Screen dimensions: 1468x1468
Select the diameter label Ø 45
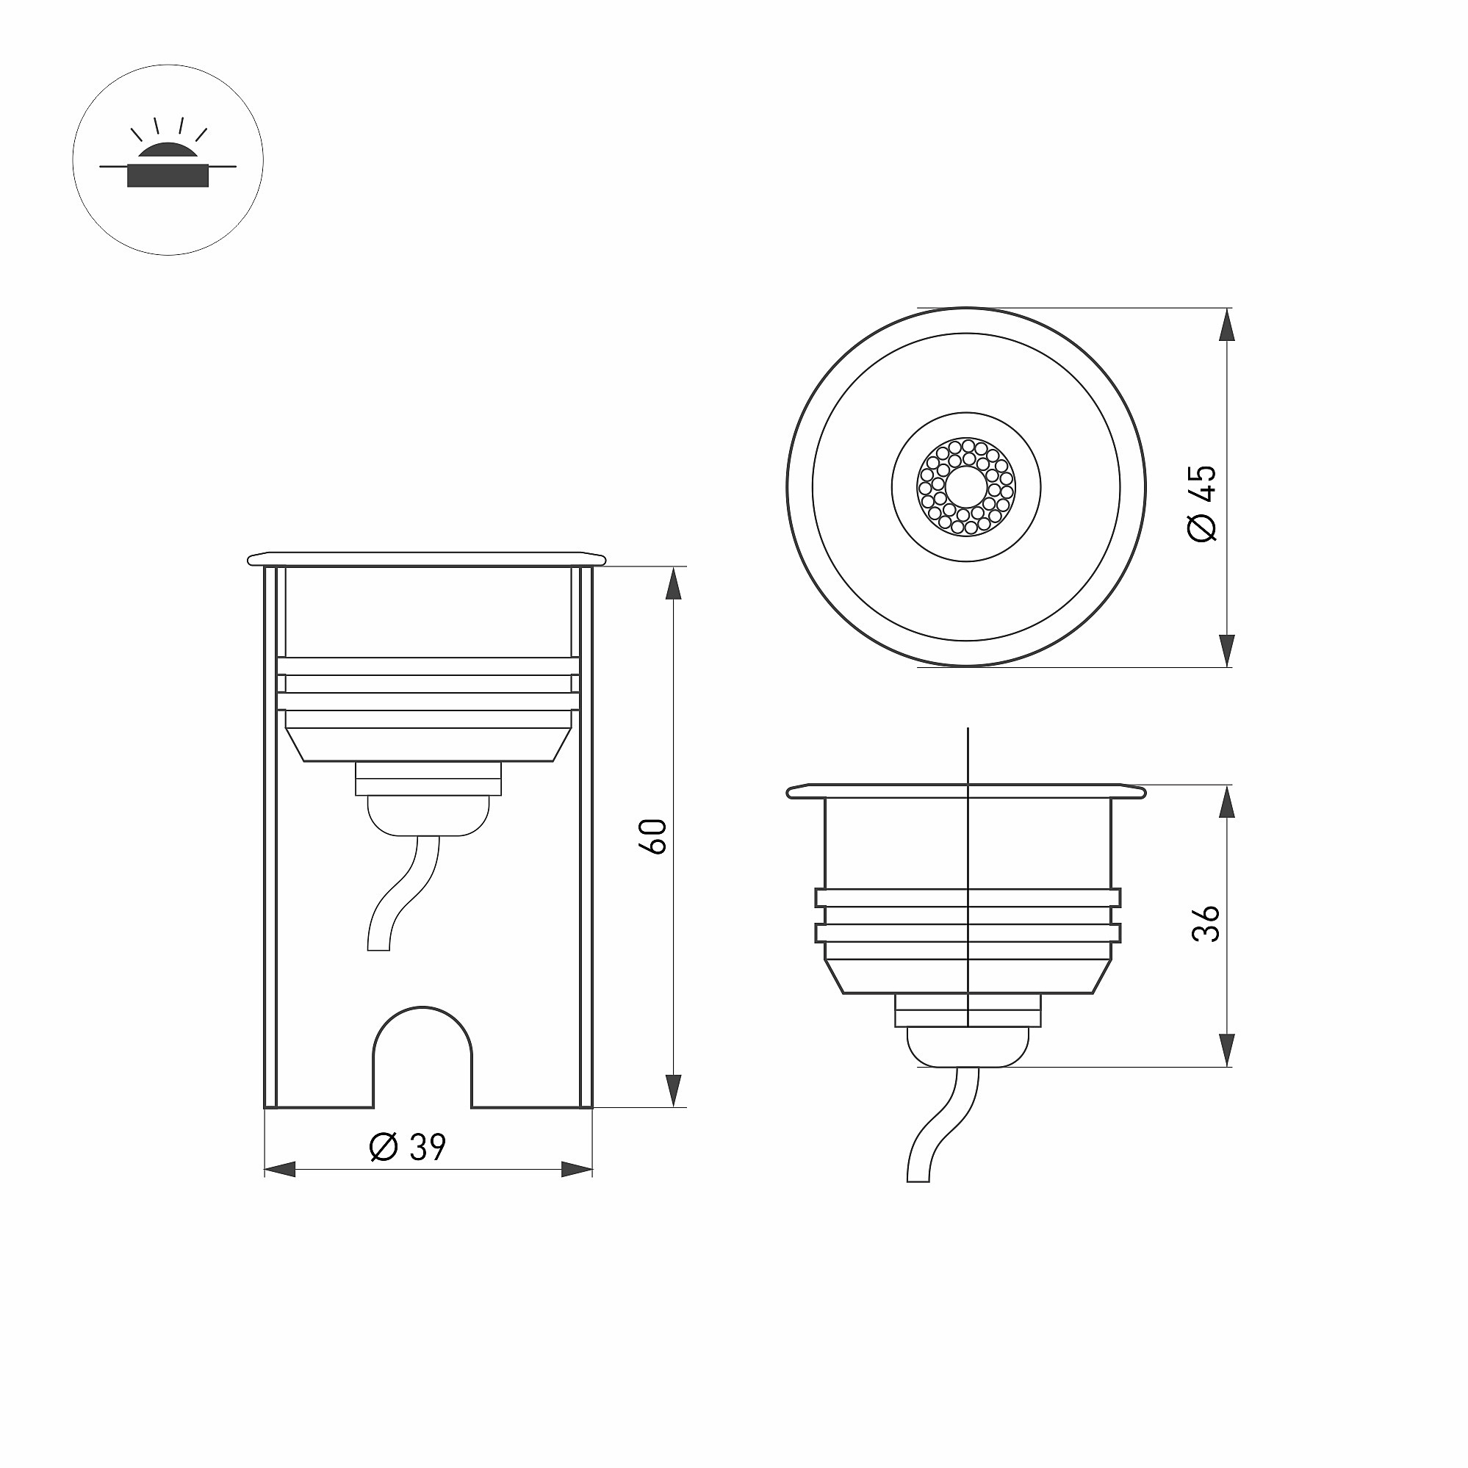[x=1202, y=503]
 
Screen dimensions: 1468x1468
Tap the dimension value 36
[x=1206, y=924]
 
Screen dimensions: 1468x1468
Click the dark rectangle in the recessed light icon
[x=168, y=176]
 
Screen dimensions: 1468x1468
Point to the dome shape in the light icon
[x=168, y=150]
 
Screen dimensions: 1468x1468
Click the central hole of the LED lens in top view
[x=966, y=487]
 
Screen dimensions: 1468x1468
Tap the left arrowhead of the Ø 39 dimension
[x=280, y=1170]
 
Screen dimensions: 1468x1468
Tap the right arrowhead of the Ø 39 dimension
[x=577, y=1170]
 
